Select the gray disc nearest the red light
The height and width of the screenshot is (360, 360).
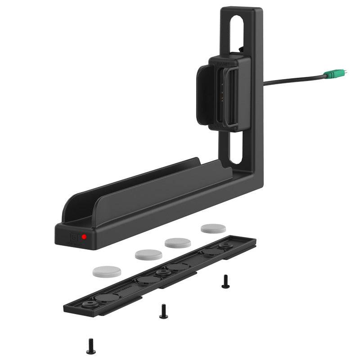pyautogui.click(x=107, y=271)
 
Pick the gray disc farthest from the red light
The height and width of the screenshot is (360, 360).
pyautogui.click(x=213, y=229)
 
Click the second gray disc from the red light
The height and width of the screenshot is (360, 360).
pyautogui.click(x=148, y=255)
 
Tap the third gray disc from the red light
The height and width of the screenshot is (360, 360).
pyautogui.click(x=178, y=243)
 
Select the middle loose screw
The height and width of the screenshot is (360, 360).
pyautogui.click(x=163, y=310)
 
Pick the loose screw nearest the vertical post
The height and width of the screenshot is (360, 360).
pyautogui.click(x=225, y=282)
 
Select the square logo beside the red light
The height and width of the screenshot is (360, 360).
pyautogui.click(x=74, y=237)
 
